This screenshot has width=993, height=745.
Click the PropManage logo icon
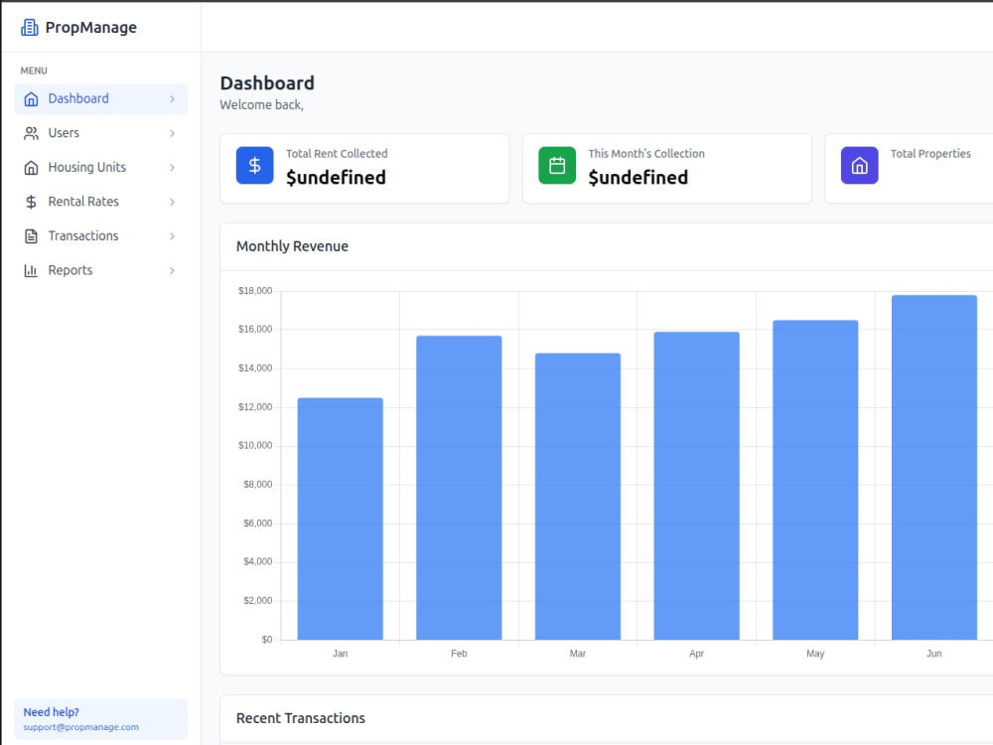(x=29, y=27)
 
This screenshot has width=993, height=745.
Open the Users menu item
(x=100, y=133)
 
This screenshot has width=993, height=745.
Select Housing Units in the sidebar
(x=100, y=167)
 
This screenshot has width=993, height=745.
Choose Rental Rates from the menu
(x=100, y=202)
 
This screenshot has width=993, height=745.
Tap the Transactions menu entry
(x=100, y=235)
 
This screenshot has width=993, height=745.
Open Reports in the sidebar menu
(x=100, y=270)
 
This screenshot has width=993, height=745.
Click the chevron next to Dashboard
(x=172, y=98)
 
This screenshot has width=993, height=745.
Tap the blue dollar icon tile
(x=254, y=165)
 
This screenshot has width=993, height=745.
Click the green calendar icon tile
(x=557, y=165)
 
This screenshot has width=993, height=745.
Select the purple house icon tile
(x=859, y=165)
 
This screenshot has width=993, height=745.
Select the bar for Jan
(x=340, y=519)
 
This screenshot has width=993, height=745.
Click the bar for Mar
(x=578, y=497)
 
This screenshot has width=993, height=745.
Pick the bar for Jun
(x=934, y=468)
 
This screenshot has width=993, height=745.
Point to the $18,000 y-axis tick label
(x=255, y=291)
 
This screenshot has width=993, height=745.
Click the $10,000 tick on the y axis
(x=255, y=445)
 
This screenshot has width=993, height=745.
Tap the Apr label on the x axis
(x=697, y=654)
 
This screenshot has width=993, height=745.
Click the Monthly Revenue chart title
(x=292, y=246)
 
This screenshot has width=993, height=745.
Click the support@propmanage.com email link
(x=81, y=727)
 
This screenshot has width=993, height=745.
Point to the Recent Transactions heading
(x=301, y=718)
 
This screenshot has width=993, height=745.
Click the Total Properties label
(x=930, y=153)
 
